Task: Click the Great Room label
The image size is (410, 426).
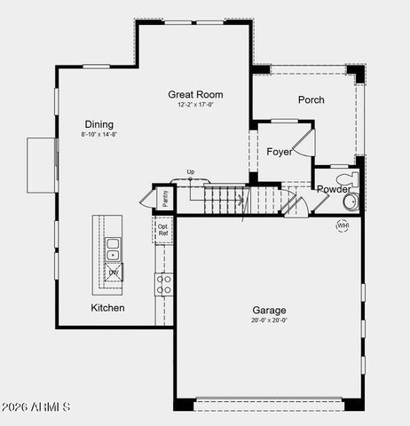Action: point(195,94)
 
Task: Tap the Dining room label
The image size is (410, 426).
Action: point(99,124)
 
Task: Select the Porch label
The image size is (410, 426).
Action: point(311,100)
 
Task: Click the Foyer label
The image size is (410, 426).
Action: point(280,152)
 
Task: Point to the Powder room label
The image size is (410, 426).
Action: point(334,189)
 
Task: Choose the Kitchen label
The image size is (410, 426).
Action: point(107,308)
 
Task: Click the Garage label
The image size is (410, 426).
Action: point(267,311)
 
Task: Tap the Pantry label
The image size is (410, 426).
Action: point(165,199)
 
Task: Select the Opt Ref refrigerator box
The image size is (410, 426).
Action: point(163,230)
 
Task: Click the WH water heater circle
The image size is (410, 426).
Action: point(343,226)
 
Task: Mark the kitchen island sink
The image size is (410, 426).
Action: point(114,248)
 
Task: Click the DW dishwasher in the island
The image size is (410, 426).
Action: point(114,272)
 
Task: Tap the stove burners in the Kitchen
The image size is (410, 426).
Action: point(164,284)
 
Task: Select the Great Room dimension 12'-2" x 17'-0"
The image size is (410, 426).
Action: point(195,105)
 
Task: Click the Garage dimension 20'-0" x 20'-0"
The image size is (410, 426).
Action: point(267,321)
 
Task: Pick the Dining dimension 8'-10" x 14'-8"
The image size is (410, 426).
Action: point(99,135)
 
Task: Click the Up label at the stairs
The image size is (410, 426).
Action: point(190,172)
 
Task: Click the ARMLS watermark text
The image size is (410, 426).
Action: point(35,406)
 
